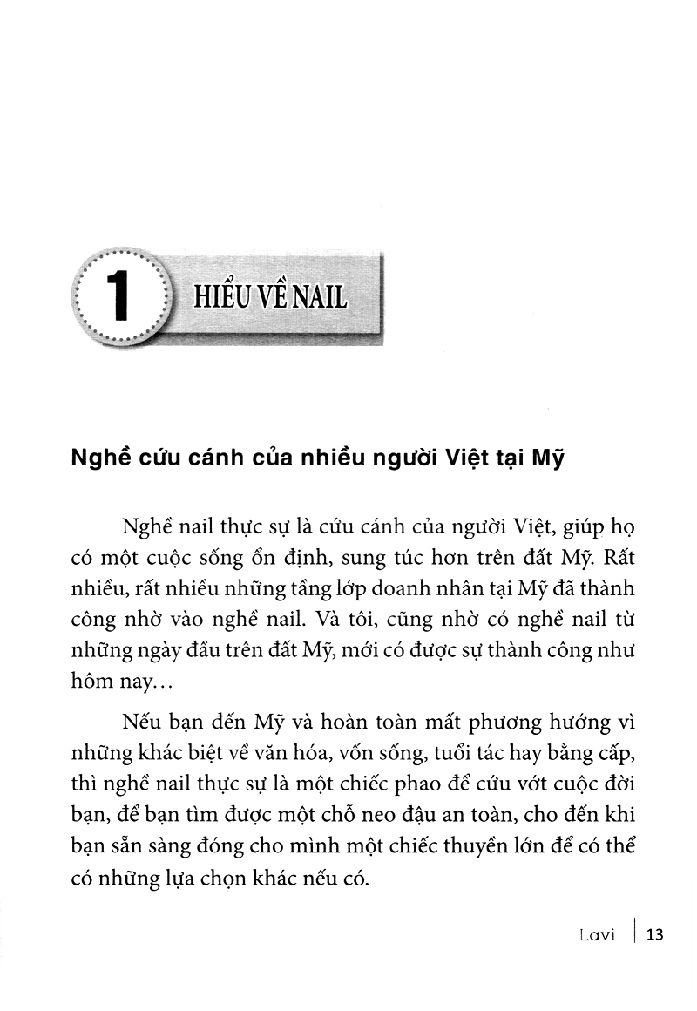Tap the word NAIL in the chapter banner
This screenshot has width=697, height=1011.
pos(317,297)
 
